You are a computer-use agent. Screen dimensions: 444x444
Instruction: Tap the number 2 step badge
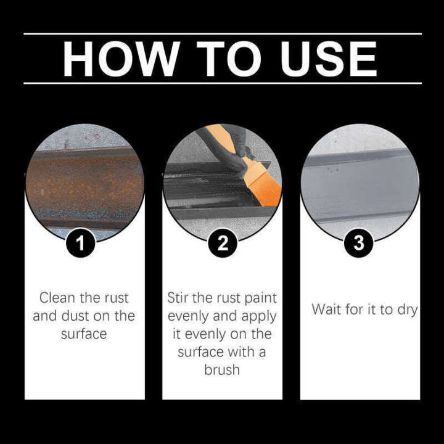pos(222,244)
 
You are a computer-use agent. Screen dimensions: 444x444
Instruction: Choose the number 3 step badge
pos(360,244)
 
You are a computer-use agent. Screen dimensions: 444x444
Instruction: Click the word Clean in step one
pos(57,298)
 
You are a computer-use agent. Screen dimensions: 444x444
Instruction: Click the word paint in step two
pos(259,298)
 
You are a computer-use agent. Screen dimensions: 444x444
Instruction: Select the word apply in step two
pos(260,316)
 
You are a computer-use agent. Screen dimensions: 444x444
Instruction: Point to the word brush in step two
pos(222,371)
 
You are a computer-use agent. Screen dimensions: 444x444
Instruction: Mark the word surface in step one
pos(84,334)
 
